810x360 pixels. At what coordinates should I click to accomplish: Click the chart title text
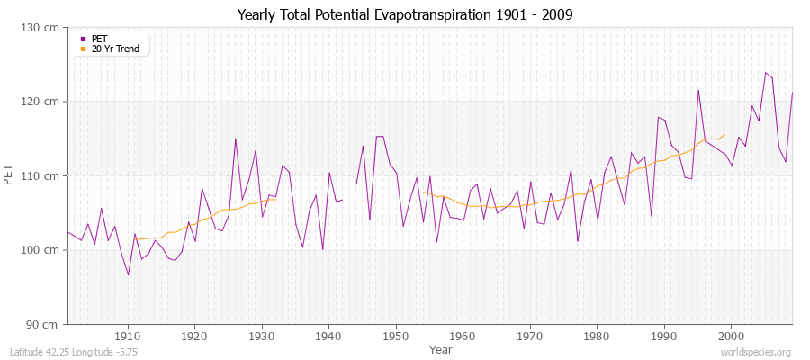(x=405, y=15)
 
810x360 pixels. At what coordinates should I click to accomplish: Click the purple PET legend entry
(x=100, y=39)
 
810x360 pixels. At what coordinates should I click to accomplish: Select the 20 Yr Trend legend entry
(x=115, y=49)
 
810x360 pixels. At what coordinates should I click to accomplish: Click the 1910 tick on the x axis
(x=128, y=337)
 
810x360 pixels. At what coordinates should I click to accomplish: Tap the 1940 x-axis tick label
(x=328, y=337)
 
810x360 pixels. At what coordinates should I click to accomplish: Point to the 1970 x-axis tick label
(x=529, y=337)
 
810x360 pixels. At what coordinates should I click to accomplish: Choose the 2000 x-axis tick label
(x=731, y=337)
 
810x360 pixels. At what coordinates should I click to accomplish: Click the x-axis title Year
(x=441, y=349)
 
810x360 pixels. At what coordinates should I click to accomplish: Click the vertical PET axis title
(x=10, y=175)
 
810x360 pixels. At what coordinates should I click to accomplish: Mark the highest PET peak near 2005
(x=765, y=73)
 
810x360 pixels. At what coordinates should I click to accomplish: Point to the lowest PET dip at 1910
(x=128, y=274)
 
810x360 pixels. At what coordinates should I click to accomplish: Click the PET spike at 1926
(x=236, y=139)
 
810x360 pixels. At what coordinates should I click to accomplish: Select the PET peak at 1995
(x=697, y=90)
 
